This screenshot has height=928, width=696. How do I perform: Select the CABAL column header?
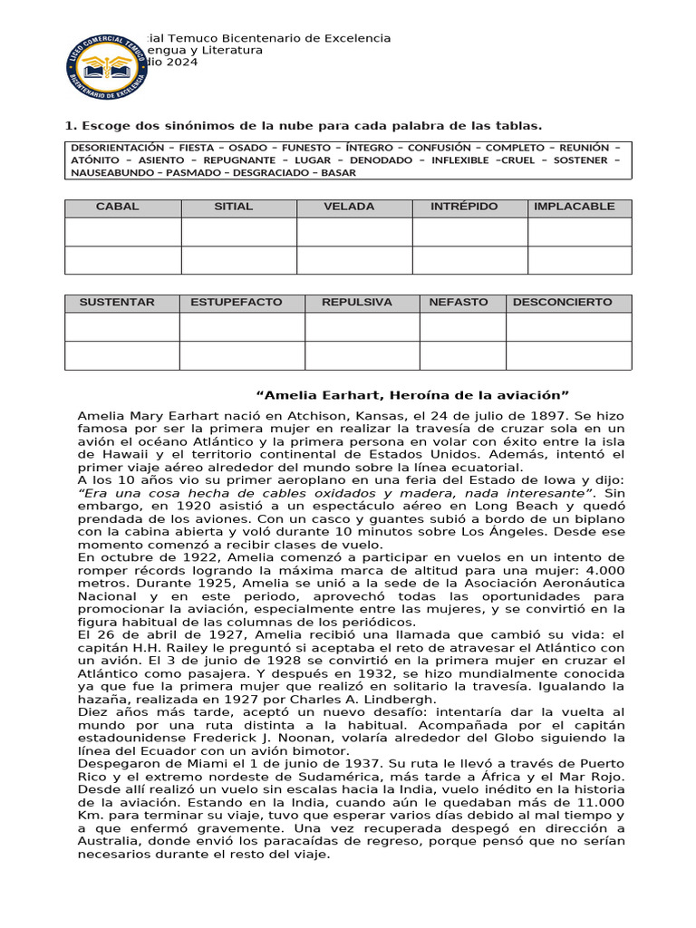pos(118,207)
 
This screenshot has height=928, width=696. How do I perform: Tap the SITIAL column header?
pos(233,207)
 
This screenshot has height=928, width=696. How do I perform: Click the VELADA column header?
pos(349,207)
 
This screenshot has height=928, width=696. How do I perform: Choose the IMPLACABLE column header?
pos(575,207)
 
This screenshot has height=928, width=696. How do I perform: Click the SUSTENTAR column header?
pos(118,303)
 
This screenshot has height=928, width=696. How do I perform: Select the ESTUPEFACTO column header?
pos(237,303)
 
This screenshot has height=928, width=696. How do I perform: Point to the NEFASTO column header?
pos(459,303)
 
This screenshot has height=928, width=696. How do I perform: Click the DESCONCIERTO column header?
pos(563,303)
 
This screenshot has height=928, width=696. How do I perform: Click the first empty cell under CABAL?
pos(122,232)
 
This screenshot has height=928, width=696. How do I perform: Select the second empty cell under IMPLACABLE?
pos(580,260)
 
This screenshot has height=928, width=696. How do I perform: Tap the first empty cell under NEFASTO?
pos(462,327)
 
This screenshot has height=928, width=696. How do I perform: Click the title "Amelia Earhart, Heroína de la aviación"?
pos(413,395)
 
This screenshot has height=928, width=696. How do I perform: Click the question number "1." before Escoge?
pos(70,125)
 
